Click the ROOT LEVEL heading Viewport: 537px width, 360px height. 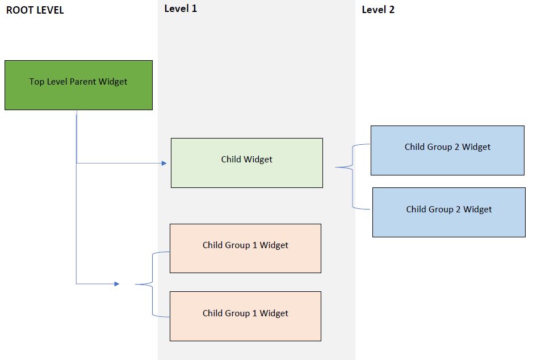(x=35, y=10)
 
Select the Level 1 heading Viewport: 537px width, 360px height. (x=181, y=9)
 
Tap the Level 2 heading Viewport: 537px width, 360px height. (x=377, y=10)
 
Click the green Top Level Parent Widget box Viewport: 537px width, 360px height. (x=78, y=85)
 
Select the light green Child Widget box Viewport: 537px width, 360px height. (x=246, y=163)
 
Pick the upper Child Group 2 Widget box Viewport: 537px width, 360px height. (x=447, y=150)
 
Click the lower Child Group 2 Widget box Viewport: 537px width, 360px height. (x=448, y=212)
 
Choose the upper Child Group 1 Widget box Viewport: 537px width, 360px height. (x=245, y=248)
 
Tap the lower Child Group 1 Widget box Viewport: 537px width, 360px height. (x=245, y=316)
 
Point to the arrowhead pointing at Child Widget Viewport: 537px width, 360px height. (x=164, y=164)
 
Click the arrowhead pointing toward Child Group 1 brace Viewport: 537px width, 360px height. (x=117, y=283)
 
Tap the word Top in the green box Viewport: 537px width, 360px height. (x=36, y=82)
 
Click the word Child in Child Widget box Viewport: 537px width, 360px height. (x=230, y=160)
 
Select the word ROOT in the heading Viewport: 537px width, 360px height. (x=19, y=10)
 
